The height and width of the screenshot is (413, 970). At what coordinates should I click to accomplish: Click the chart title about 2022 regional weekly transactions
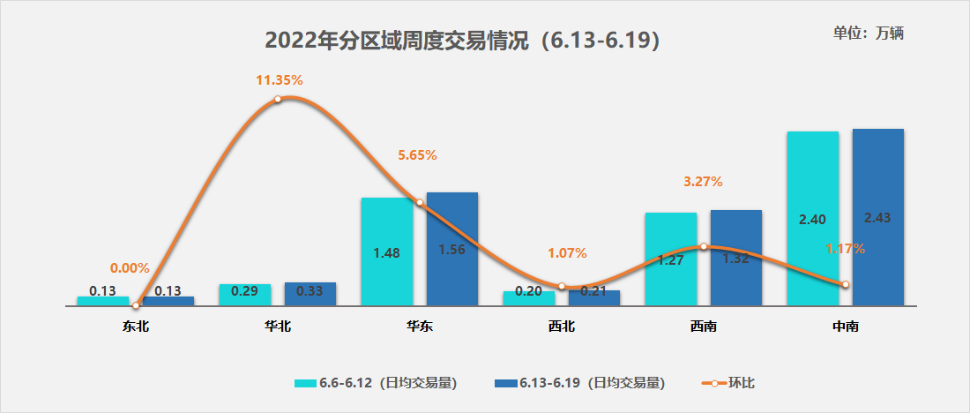click(463, 41)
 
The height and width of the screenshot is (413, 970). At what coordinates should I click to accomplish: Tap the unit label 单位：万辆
click(869, 34)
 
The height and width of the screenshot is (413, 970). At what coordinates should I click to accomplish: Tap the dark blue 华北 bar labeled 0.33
click(310, 294)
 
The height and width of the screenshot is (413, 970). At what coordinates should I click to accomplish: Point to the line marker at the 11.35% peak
click(278, 99)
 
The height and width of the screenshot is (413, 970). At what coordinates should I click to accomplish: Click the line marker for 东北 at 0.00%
click(136, 305)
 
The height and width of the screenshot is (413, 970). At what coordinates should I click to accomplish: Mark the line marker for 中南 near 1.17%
click(845, 284)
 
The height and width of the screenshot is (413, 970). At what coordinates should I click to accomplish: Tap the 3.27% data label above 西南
click(703, 182)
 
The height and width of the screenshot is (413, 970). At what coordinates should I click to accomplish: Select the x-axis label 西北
click(562, 327)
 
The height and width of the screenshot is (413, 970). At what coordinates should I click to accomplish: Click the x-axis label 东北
click(136, 327)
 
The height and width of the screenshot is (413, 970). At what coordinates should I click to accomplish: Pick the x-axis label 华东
click(419, 327)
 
